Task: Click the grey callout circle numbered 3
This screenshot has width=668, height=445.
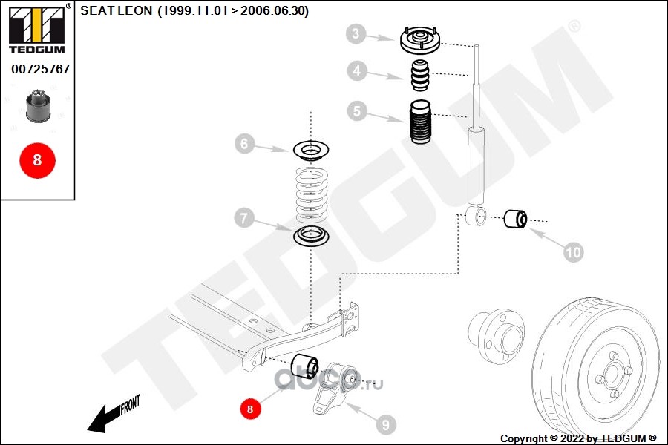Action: pyautogui.click(x=356, y=33)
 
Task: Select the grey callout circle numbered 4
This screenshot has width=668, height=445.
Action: pyautogui.click(x=357, y=71)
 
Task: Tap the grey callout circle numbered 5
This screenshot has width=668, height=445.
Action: pyautogui.click(x=357, y=111)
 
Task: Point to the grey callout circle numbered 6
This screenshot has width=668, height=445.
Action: pyautogui.click(x=244, y=144)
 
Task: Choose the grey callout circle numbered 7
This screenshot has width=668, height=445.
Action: pyautogui.click(x=244, y=219)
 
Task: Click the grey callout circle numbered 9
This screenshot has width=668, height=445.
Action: pyautogui.click(x=385, y=425)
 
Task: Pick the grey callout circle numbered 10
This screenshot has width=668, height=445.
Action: pyautogui.click(x=573, y=252)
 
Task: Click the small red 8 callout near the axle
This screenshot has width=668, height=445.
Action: pyautogui.click(x=250, y=408)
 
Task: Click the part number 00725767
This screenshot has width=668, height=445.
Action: pyautogui.click(x=40, y=69)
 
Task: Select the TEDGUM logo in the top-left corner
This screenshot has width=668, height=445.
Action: pyautogui.click(x=36, y=29)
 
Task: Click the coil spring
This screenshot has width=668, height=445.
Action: pyautogui.click(x=310, y=195)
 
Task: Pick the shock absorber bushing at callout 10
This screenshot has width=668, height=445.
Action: pyautogui.click(x=515, y=219)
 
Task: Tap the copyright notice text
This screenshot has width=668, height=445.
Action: pyautogui.click(x=578, y=438)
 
